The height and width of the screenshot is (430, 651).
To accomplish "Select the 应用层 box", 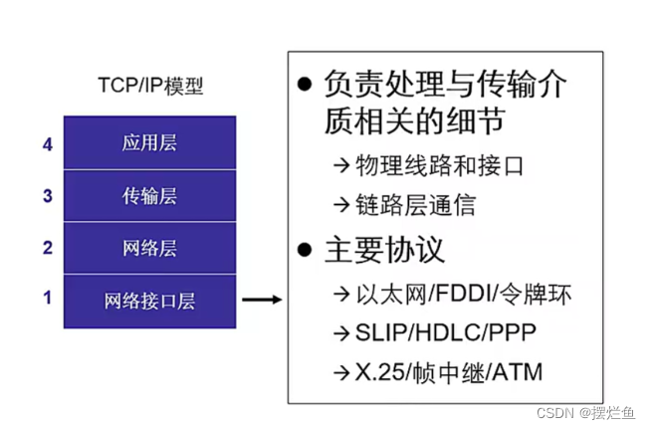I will [149, 142].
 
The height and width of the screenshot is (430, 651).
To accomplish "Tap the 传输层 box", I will [149, 195].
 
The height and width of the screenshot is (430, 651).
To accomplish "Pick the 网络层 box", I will [149, 248].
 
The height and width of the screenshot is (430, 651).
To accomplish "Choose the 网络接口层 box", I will [149, 301].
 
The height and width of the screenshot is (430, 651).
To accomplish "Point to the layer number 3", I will [47, 196].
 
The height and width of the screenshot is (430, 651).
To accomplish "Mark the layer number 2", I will [47, 248].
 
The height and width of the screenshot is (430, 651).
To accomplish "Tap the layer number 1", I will [47, 297].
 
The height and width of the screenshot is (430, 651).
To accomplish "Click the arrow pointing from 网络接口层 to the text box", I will [262, 299].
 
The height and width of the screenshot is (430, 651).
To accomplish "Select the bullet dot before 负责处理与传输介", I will [308, 86].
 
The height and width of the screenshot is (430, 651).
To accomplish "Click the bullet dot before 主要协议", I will [308, 249].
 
